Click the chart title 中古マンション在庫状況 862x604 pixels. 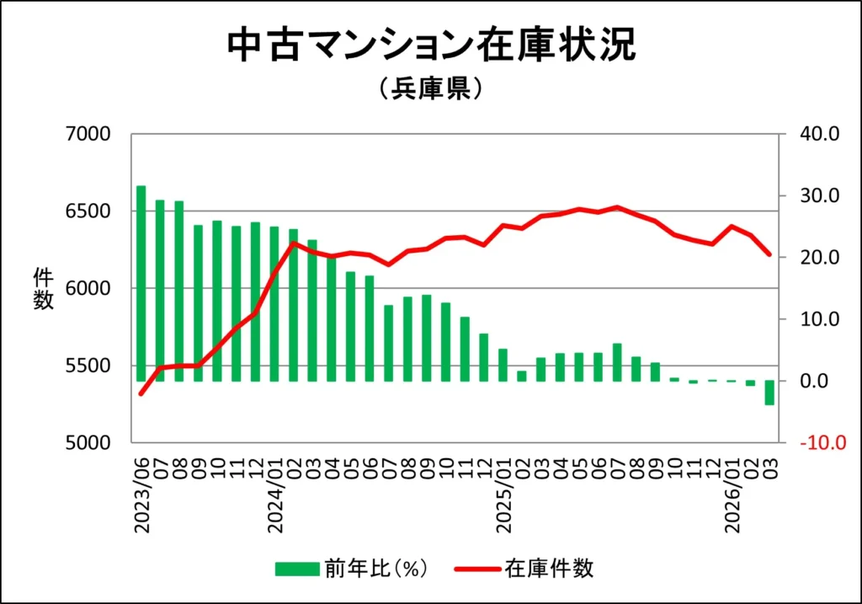coord(431,45)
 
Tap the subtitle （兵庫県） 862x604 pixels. coord(430,88)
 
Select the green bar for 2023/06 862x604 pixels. coord(141,283)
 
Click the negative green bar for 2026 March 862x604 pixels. coord(769,393)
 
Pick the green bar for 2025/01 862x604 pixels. coord(503,365)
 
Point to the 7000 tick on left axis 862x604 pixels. coord(88,135)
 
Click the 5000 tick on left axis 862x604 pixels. coord(88,443)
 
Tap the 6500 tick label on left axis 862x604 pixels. coord(88,211)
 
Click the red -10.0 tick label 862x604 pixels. coord(818,443)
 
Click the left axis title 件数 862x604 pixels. coord(43,288)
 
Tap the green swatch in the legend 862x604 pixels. coord(297,569)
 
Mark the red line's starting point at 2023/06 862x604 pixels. coord(141,393)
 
